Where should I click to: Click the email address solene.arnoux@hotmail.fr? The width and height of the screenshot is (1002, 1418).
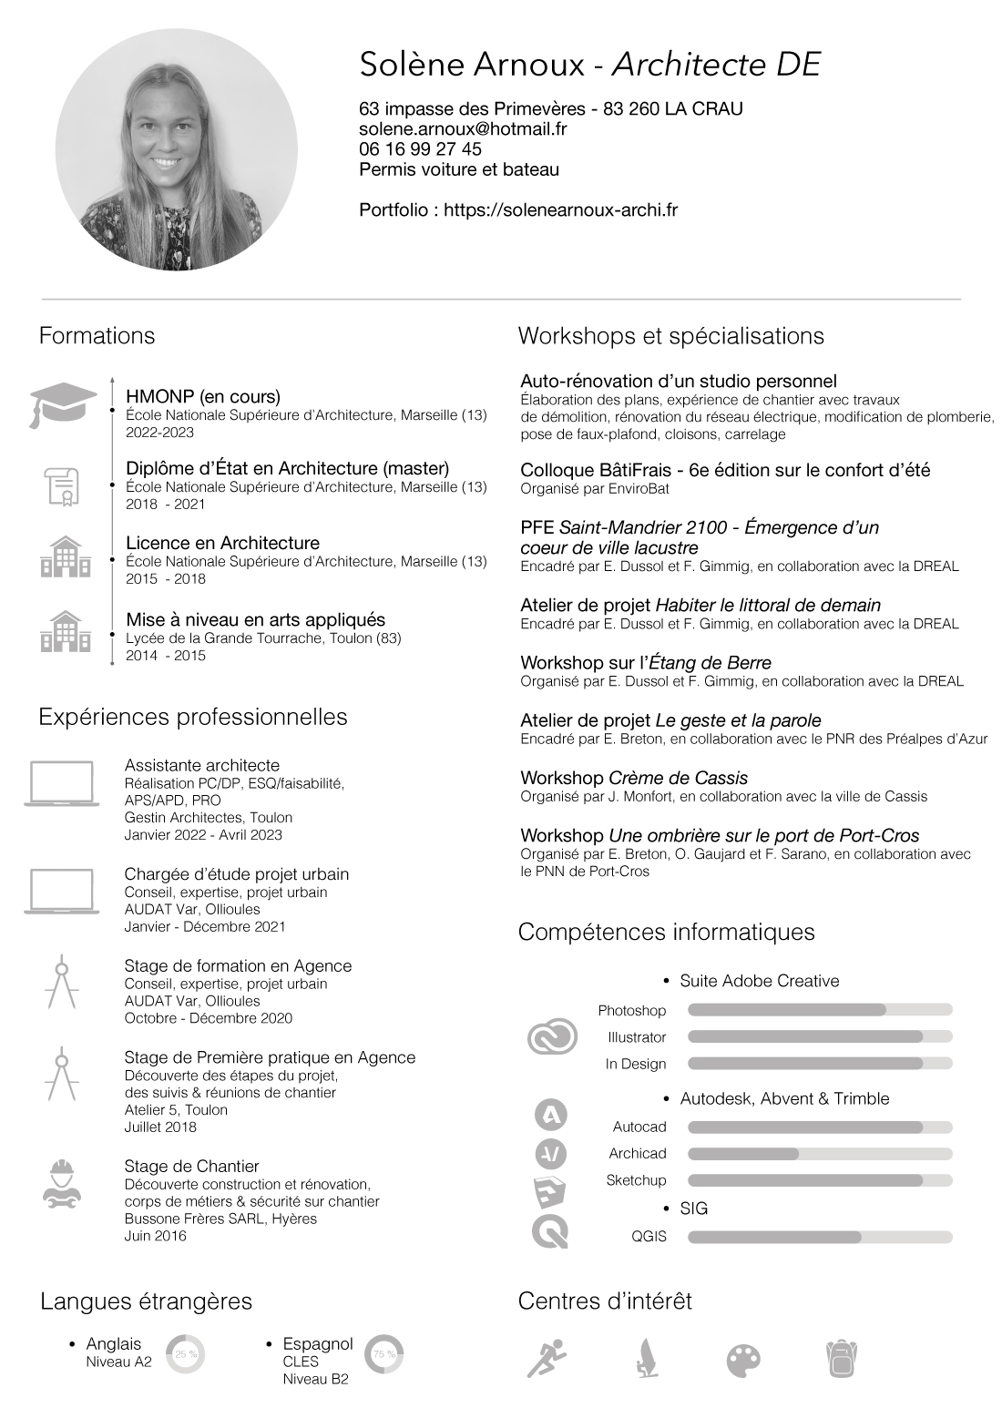(463, 129)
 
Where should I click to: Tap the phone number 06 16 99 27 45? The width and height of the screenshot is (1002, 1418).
(420, 149)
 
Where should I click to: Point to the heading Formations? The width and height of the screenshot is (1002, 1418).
(97, 336)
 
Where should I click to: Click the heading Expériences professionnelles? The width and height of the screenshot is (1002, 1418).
(192, 718)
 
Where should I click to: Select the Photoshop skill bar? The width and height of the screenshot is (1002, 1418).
(819, 1010)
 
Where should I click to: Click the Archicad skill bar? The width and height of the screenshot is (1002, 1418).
(819, 1154)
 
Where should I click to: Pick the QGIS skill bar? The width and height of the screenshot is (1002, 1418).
(819, 1237)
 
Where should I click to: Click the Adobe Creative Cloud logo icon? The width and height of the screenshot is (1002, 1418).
(553, 1036)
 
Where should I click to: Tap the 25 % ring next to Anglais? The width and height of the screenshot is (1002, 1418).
(186, 1354)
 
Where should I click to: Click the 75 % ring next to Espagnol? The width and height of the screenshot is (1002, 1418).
(383, 1354)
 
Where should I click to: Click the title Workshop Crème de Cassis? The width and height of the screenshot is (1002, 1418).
(633, 779)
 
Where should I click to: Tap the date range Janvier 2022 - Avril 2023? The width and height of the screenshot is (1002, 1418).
(203, 835)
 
